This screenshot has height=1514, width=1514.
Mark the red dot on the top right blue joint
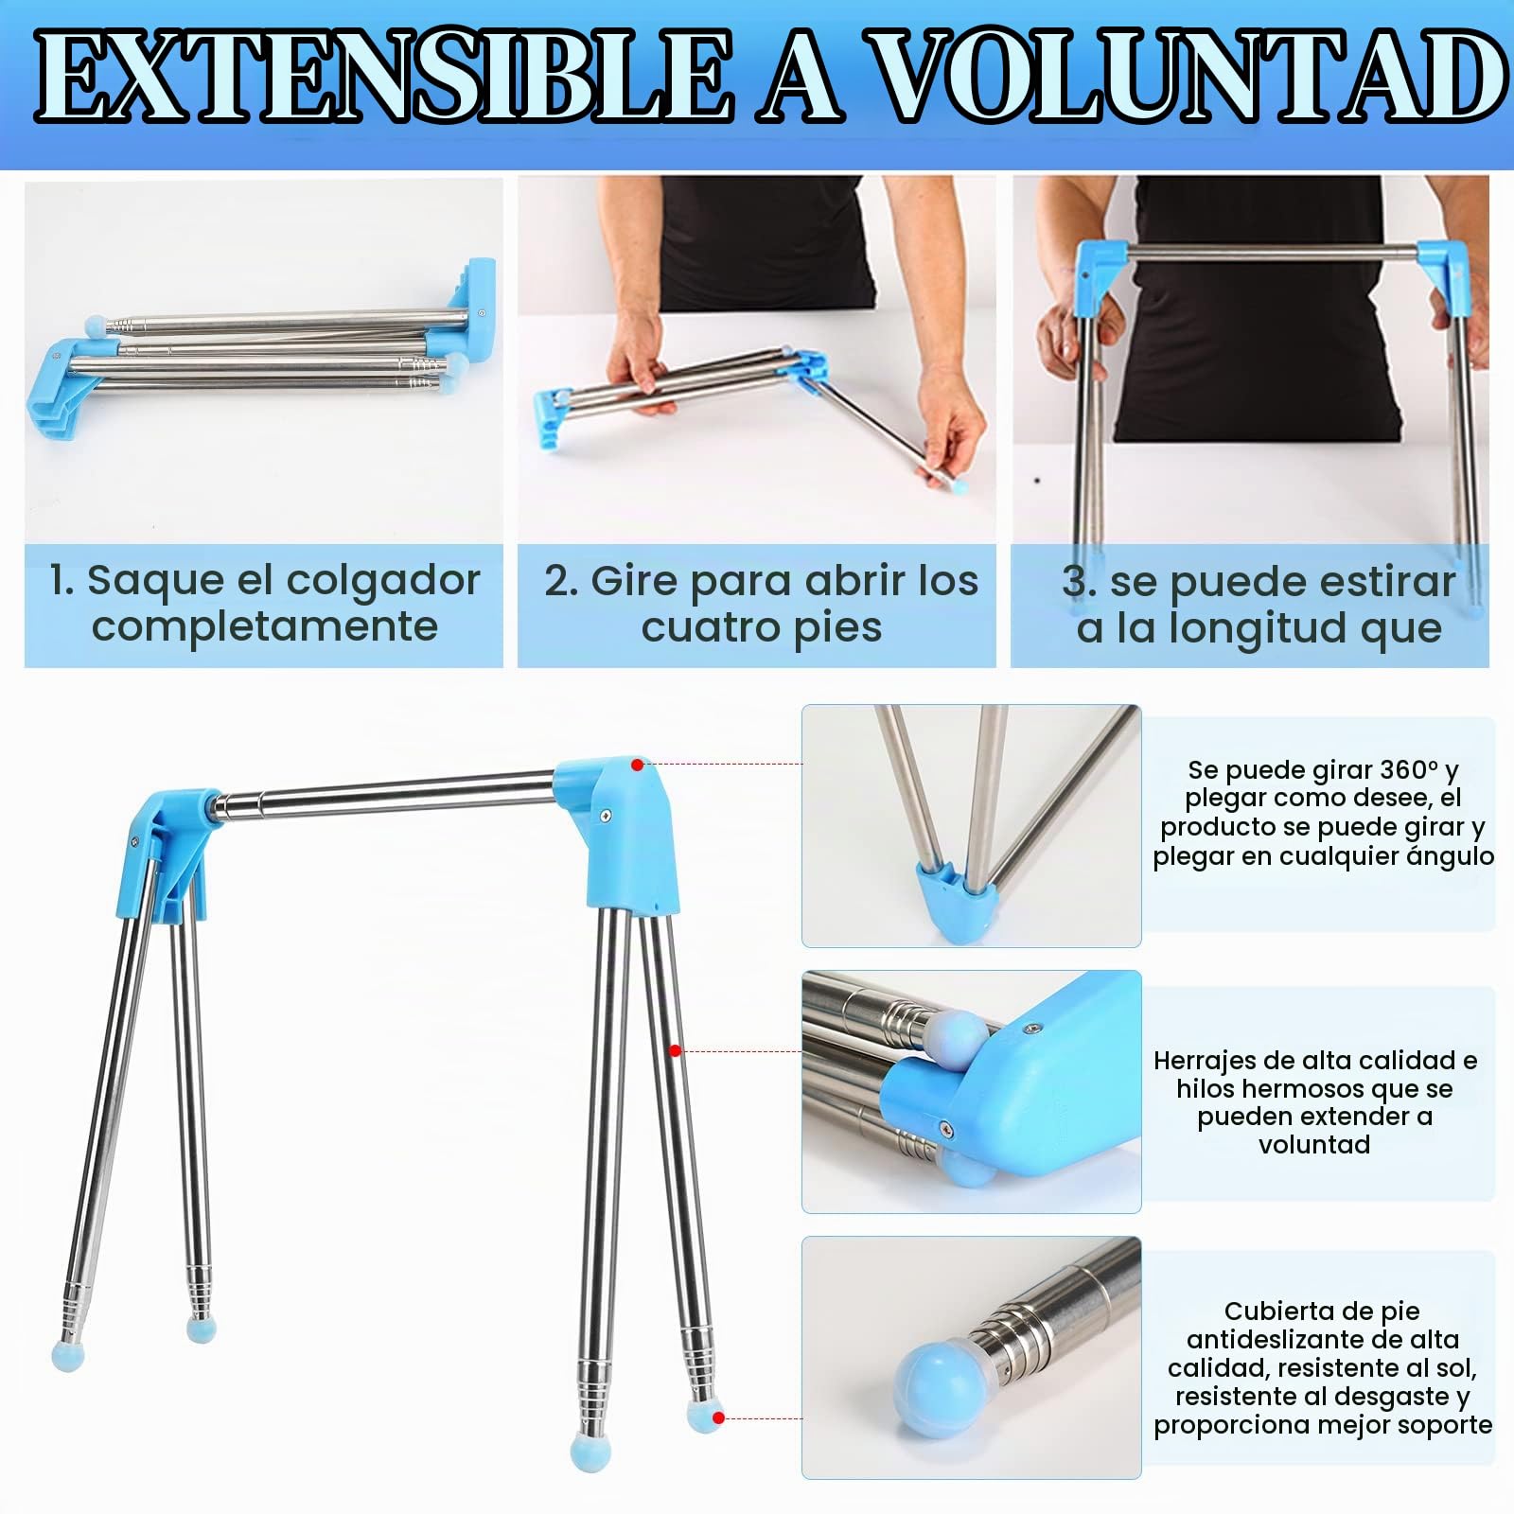pos(638,765)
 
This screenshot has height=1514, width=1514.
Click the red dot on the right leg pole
pos(676,1050)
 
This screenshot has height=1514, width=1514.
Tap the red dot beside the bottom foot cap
pos(719,1417)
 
